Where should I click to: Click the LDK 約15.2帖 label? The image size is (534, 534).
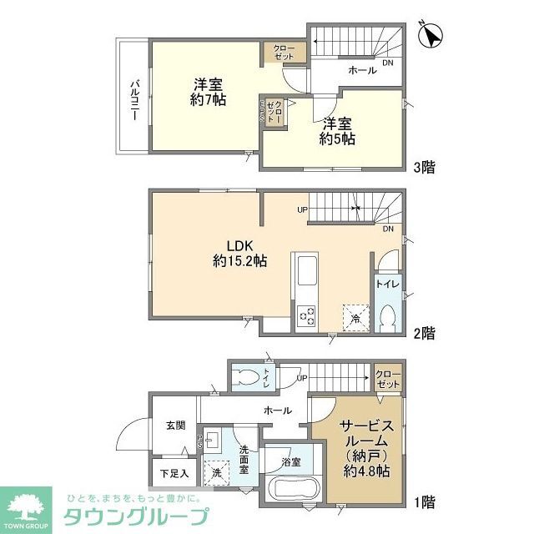point(239,253)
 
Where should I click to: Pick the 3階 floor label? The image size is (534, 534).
point(423,167)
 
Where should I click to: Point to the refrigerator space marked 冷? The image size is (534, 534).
point(354,316)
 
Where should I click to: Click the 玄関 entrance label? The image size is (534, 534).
point(175,426)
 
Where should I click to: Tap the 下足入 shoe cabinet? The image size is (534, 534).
point(174,474)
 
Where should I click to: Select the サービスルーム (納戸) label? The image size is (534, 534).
point(360,449)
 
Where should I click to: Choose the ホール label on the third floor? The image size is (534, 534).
point(362,71)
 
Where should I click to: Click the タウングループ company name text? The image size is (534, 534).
point(138,513)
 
